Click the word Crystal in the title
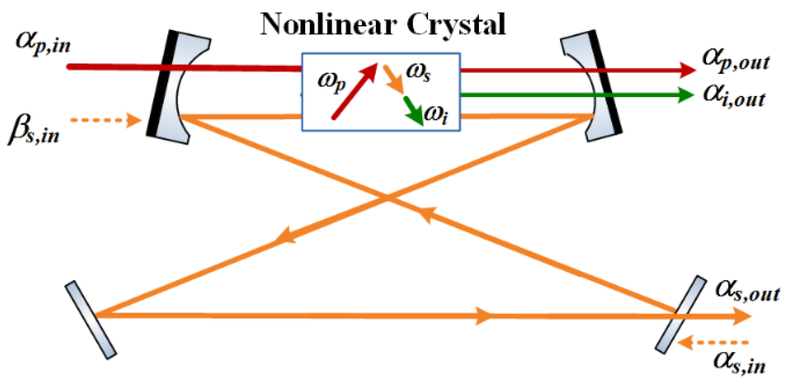(456, 25)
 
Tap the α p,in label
(42, 42)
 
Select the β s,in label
(34, 130)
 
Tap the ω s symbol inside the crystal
(418, 72)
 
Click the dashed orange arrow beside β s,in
(106, 120)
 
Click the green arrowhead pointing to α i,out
(685, 95)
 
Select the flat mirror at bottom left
(90, 320)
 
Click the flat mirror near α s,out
(680, 314)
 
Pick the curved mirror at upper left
(174, 87)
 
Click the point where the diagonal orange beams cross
(387, 198)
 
